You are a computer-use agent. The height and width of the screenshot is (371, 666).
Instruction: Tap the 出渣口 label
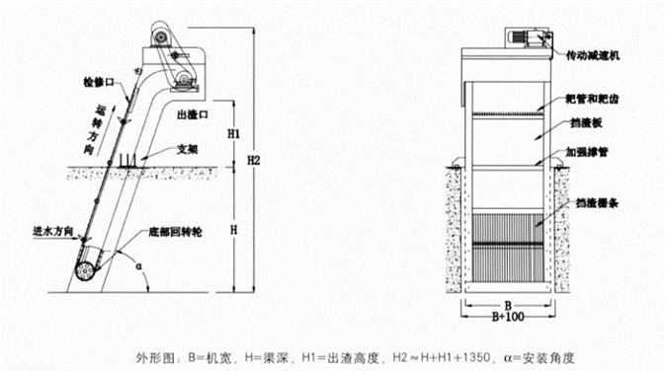tap(191, 115)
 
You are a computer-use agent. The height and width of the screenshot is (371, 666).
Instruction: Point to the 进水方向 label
tap(50, 231)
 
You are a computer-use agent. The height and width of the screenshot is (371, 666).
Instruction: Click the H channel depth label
tap(233, 228)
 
